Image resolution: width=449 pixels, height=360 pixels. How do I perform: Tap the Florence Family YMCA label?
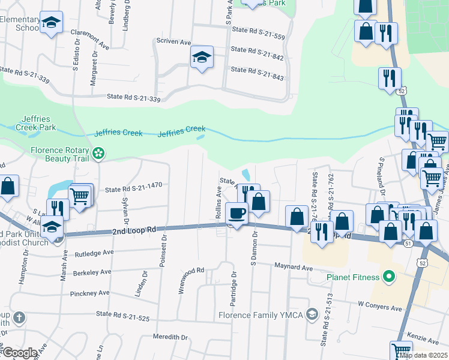tap(261, 314)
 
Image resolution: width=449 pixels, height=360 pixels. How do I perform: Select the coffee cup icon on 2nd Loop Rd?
tap(237, 212)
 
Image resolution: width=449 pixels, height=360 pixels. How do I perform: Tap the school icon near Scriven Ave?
tap(202, 58)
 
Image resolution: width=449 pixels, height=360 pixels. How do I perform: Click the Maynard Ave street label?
tap(294, 266)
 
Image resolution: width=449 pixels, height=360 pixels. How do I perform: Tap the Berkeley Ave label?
tap(91, 272)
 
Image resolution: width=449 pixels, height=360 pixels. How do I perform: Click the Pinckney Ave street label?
tap(89, 293)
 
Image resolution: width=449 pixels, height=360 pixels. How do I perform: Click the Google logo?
tap(20, 352)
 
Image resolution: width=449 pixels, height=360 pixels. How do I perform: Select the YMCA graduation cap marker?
tap(312, 314)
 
